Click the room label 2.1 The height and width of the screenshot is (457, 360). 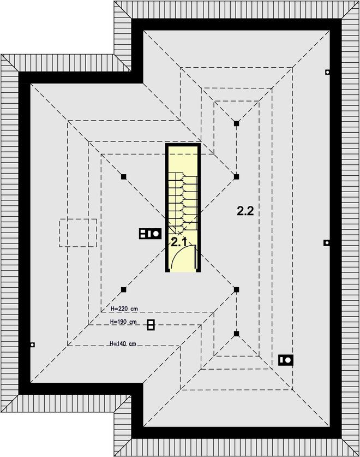[x=179, y=242]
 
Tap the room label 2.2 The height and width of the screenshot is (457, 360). [x=245, y=211]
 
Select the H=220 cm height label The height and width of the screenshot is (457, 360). [x=124, y=308]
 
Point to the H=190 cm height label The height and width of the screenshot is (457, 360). [x=123, y=322]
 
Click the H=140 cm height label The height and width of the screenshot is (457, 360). [x=123, y=343]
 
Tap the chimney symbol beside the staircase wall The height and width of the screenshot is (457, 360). [x=150, y=234]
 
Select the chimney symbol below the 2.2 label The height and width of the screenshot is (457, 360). [x=286, y=360]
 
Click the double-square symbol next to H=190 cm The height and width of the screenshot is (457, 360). [x=151, y=325]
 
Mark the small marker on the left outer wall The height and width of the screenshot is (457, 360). [x=33, y=345]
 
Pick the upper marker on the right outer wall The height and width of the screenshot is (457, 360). [x=327, y=72]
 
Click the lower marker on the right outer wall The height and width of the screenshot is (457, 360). [x=327, y=242]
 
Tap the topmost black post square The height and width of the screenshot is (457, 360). [x=237, y=123]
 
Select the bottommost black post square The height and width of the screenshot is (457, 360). [x=237, y=334]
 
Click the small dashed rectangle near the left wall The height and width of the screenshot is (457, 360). [x=78, y=233]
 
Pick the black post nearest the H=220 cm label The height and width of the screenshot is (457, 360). [x=123, y=289]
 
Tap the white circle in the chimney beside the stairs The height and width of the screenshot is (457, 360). [x=156, y=234]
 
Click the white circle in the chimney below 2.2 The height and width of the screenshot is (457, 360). [x=289, y=360]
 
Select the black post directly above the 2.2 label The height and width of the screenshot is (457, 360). [x=237, y=176]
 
